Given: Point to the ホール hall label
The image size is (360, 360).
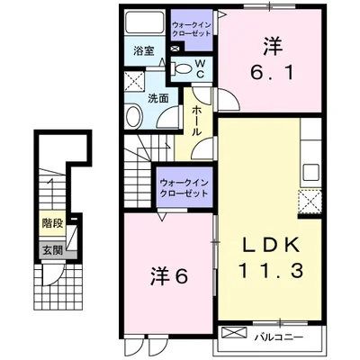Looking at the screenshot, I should [197, 118].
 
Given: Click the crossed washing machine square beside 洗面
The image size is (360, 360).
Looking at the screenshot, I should [133, 83].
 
